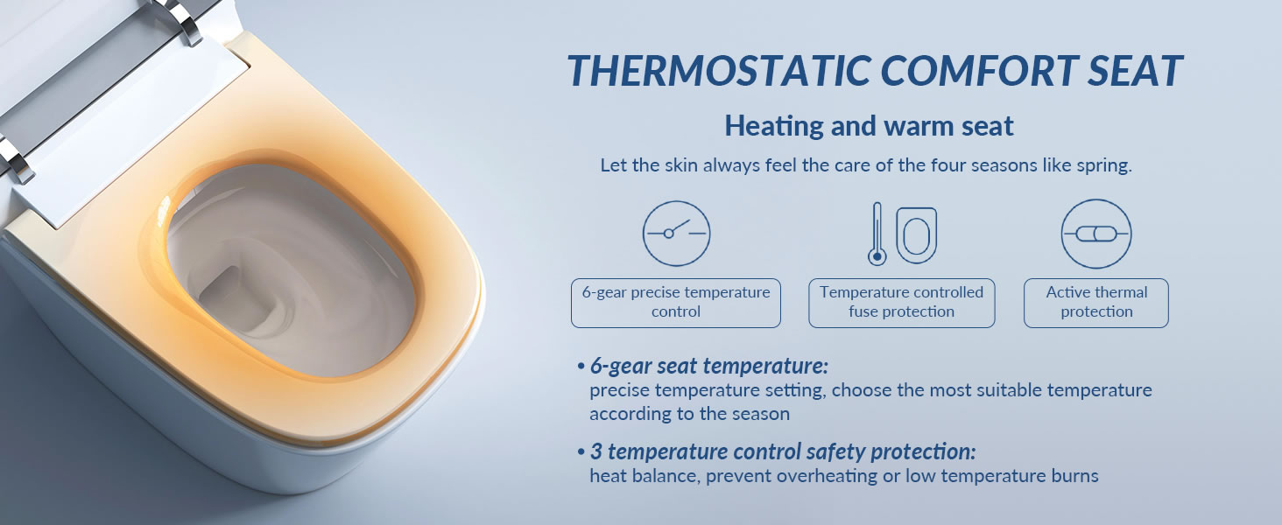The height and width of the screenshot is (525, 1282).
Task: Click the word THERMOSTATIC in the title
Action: point(720,72)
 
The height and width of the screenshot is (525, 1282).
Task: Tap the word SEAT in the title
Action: point(1135,72)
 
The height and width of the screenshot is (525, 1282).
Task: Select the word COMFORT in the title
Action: point(980,72)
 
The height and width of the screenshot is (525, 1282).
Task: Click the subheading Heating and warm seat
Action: point(869,126)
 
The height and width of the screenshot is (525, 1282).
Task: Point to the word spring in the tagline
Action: point(1102,166)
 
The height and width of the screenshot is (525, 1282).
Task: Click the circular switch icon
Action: point(676,234)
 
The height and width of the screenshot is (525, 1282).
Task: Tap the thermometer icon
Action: point(877,234)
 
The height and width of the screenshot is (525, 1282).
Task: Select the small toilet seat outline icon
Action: point(916,235)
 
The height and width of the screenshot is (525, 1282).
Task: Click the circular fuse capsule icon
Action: point(1096,234)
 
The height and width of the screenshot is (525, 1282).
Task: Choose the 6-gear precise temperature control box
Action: point(676,303)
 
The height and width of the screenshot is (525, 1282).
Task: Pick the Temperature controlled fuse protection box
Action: point(901,303)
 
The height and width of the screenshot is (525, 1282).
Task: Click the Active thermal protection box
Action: point(1096,303)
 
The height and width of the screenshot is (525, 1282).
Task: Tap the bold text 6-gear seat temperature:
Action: point(709,366)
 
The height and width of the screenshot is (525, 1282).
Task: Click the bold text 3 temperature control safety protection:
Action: point(783,451)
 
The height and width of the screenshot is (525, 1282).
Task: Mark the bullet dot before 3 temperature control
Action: point(581,452)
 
